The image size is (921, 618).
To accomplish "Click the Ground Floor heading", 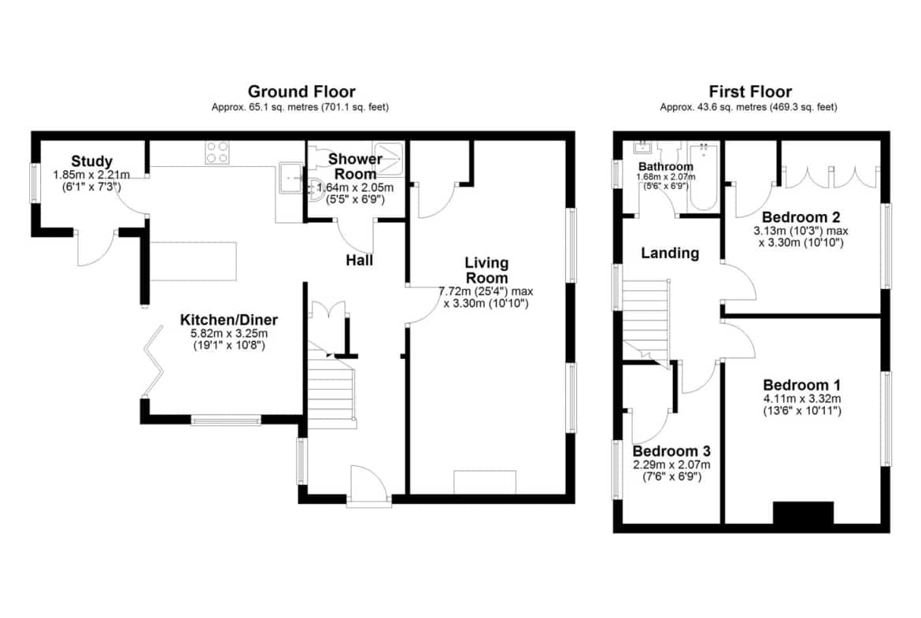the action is (301, 91).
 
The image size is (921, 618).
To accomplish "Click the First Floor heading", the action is (750, 91).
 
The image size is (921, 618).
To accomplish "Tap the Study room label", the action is (91, 161).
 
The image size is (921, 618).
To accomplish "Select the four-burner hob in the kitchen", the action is (216, 153).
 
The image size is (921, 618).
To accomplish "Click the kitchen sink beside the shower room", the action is (291, 177).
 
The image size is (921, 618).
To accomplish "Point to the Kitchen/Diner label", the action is (228, 320).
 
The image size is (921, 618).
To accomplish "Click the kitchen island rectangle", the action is (194, 261).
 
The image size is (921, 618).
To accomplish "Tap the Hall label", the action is (359, 261).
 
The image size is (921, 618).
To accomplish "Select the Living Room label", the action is (486, 270).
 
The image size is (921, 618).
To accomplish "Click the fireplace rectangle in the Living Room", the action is (485, 482).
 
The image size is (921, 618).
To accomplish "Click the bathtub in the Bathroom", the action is (703, 176).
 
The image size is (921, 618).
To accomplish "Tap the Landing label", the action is (670, 253).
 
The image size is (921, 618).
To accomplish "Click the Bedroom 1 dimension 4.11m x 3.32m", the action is (802, 398).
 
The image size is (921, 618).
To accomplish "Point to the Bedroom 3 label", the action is (671, 451).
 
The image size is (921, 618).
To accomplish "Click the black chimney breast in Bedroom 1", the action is (803, 513).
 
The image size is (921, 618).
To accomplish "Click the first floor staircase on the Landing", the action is (646, 320).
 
